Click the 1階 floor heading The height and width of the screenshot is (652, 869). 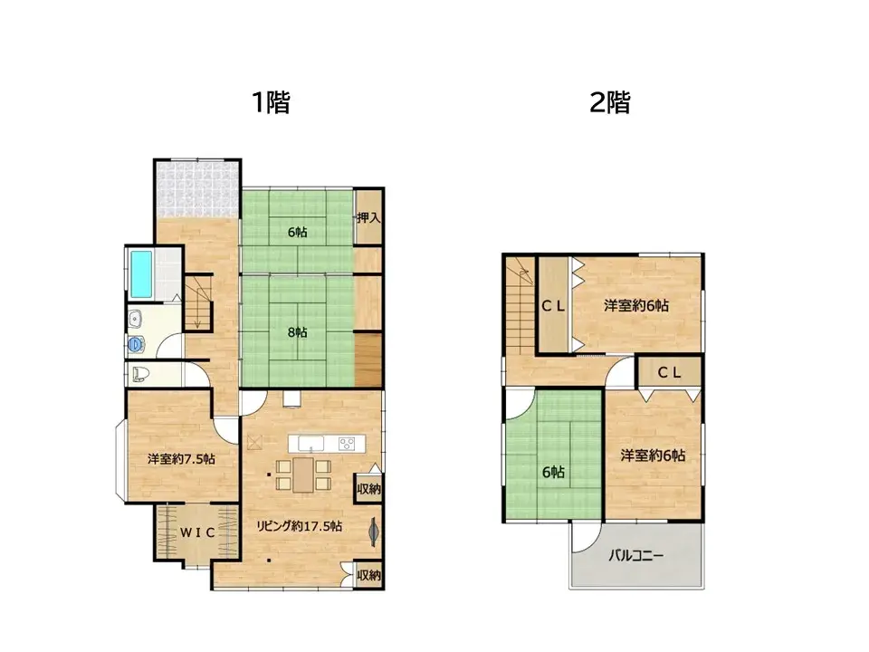[271, 102]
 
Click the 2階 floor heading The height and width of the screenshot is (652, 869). [609, 102]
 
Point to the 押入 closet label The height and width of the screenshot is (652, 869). [368, 218]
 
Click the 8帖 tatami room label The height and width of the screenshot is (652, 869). [297, 332]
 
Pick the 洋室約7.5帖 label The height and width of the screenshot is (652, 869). [182, 459]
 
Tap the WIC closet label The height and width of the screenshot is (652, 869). [196, 532]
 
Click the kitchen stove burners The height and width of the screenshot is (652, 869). [349, 444]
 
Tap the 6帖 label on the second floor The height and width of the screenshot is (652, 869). [554, 472]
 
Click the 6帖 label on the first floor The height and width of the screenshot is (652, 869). [297, 233]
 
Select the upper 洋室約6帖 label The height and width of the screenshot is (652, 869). [636, 306]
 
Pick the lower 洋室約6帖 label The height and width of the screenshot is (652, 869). [653, 455]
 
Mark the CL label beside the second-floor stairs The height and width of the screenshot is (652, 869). [554, 306]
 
